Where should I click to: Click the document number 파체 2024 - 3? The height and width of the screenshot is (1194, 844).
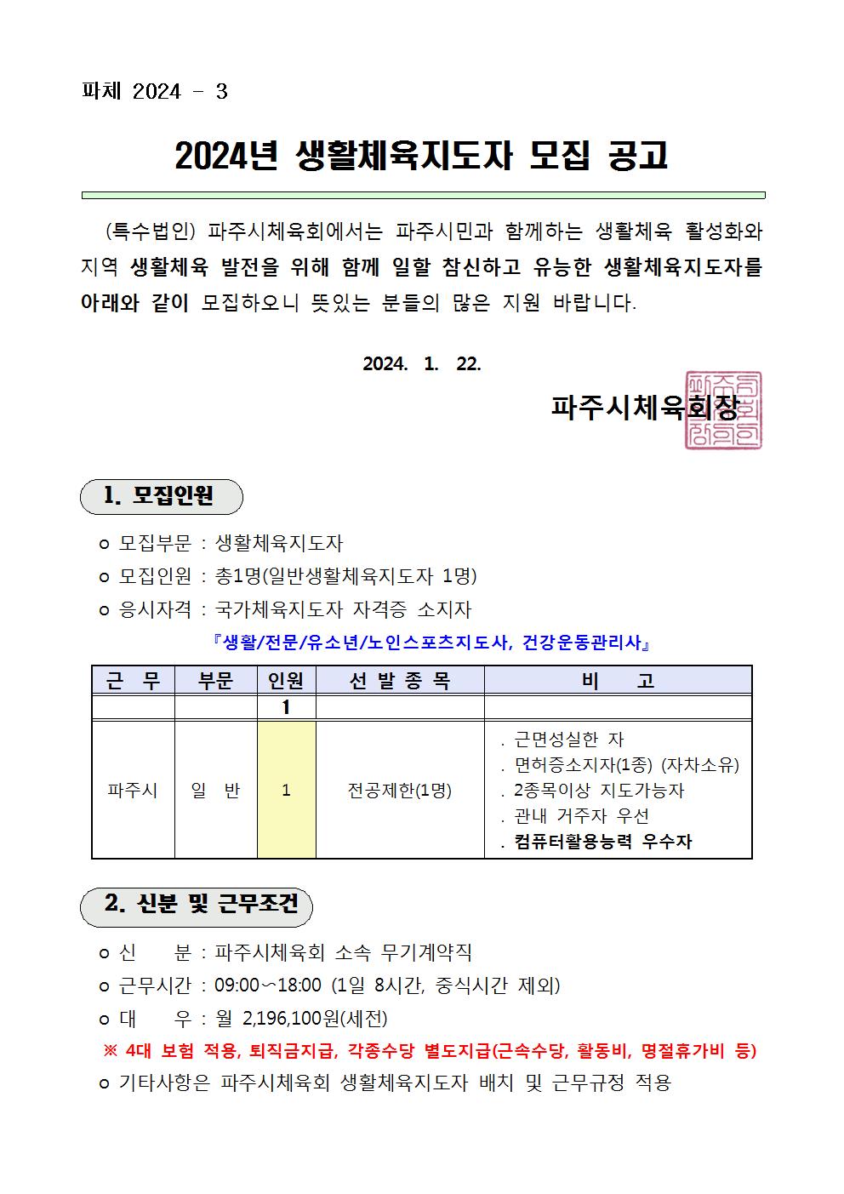point(154,92)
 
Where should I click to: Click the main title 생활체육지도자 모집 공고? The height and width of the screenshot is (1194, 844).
point(422,156)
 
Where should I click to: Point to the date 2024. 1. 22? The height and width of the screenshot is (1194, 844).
point(422,364)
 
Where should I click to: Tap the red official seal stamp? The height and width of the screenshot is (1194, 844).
point(723,410)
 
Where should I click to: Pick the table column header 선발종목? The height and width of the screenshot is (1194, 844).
point(399,681)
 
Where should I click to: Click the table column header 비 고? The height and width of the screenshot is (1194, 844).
point(618,681)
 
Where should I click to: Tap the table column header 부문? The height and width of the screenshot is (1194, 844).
point(216,681)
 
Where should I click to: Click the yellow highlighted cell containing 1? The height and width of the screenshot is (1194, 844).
point(287,791)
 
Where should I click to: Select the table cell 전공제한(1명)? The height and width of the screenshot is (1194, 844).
point(399,791)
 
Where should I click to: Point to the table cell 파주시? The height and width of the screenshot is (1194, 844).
point(133,791)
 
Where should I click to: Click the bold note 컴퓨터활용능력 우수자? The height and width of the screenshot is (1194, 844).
point(603,843)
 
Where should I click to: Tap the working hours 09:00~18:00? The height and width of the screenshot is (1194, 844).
point(268,986)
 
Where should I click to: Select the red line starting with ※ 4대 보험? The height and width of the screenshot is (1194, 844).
point(429,1051)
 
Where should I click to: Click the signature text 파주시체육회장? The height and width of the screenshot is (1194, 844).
point(644,408)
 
